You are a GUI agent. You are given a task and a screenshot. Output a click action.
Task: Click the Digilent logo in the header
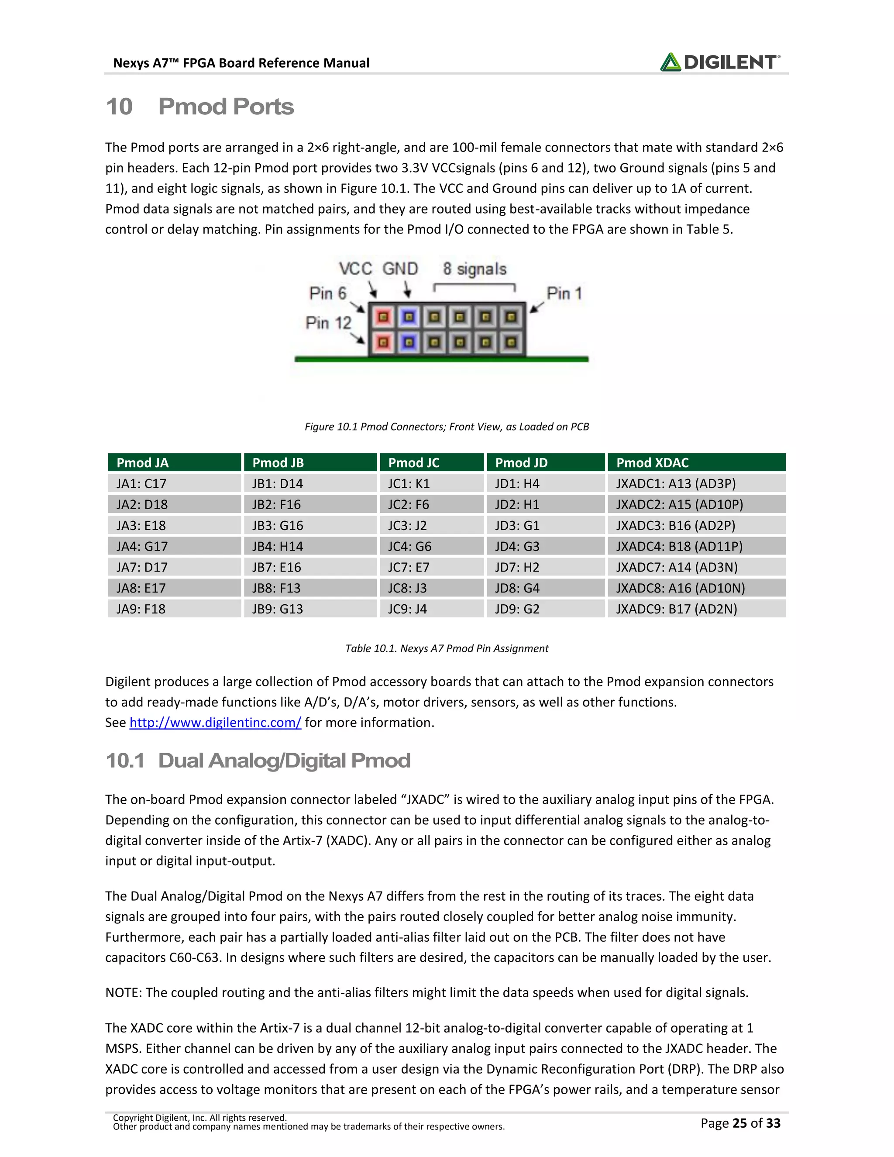click(x=720, y=62)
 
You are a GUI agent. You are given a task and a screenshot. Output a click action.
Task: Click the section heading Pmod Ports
click(x=226, y=107)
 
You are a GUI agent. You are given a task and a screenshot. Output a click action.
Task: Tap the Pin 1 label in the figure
click(x=564, y=293)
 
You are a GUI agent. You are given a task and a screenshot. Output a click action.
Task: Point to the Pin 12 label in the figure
click(x=328, y=323)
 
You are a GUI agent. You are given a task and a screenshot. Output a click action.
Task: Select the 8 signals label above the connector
click(x=475, y=269)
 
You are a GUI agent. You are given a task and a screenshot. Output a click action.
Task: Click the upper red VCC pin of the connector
click(x=383, y=317)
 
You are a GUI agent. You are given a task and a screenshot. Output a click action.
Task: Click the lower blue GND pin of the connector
click(x=408, y=343)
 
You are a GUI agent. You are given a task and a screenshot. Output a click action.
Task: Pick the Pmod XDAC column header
click(x=652, y=462)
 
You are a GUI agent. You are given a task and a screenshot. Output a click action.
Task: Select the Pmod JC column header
click(x=414, y=462)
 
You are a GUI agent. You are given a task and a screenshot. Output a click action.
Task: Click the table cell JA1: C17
click(x=141, y=484)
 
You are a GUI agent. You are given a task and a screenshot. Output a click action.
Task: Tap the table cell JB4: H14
click(x=278, y=546)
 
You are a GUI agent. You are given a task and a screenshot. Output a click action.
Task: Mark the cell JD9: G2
click(x=517, y=609)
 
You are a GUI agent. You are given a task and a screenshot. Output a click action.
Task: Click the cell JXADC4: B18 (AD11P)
click(x=679, y=546)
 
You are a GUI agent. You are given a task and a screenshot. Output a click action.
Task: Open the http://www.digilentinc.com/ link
click(x=215, y=723)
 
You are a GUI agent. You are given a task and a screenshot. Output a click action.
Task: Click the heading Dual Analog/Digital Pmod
click(x=284, y=761)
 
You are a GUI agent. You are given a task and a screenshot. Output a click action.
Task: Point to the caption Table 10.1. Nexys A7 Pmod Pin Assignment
click(x=447, y=648)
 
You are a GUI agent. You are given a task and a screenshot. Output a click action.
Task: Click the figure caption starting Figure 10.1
click(x=447, y=427)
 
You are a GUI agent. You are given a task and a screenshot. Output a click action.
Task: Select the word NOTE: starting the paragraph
click(x=124, y=993)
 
